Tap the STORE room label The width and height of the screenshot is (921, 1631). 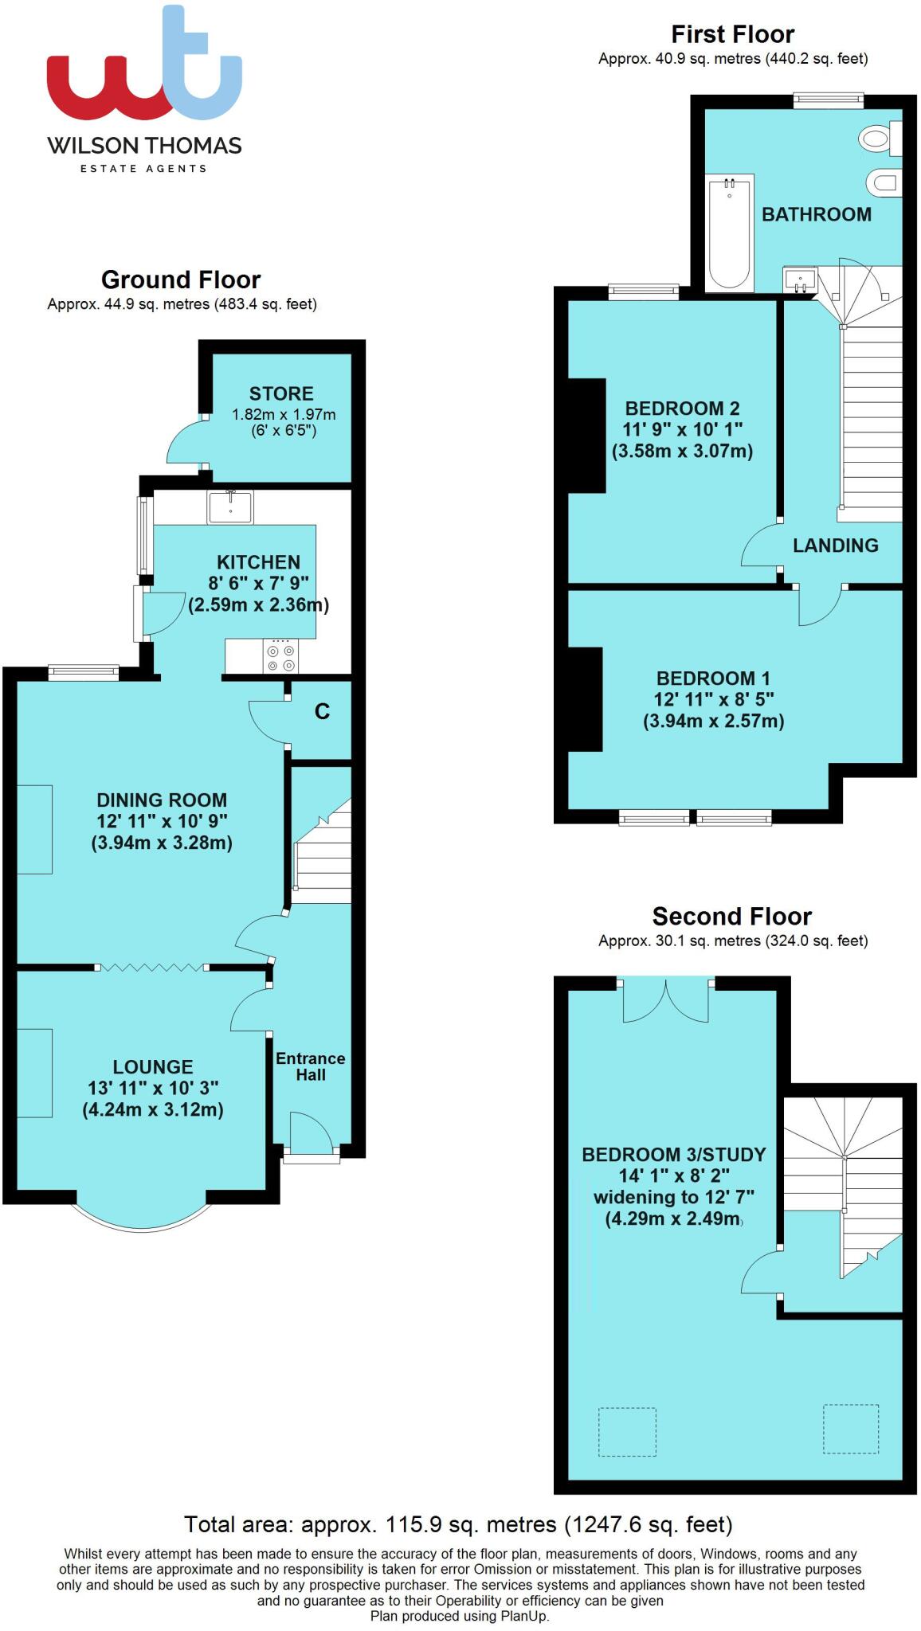[281, 393]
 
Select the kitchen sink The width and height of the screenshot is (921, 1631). [230, 507]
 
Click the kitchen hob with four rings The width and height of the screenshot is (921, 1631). [280, 657]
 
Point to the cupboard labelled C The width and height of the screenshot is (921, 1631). [322, 712]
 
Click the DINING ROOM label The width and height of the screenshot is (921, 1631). [162, 800]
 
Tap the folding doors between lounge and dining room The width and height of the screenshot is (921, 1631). [151, 968]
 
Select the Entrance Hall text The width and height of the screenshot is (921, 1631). [311, 1066]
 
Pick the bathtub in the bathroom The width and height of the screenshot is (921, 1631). [730, 233]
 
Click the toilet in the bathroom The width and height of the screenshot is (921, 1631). [880, 139]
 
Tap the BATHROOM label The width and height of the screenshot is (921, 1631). [817, 214]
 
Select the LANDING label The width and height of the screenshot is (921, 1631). [835, 546]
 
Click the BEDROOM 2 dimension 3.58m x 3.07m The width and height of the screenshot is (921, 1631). [683, 452]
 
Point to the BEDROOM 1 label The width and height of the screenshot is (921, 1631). [713, 679]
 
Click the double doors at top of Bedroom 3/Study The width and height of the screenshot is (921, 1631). [665, 1000]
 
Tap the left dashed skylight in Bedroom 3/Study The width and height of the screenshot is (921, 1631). [627, 1432]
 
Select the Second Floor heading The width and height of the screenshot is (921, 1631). [731, 916]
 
